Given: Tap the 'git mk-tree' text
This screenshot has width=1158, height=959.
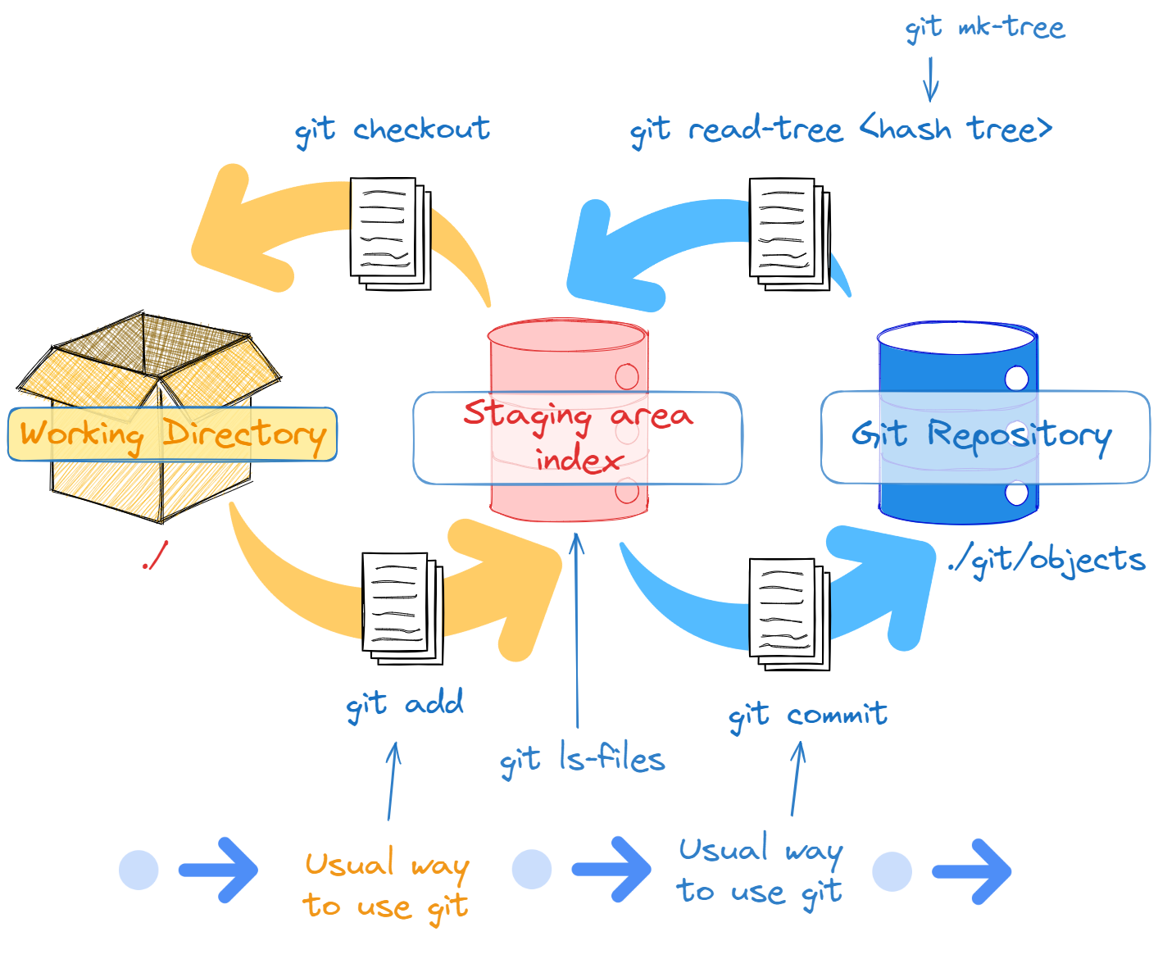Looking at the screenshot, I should coord(984,29).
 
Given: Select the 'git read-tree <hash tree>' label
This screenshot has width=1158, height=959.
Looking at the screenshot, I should coord(840,130).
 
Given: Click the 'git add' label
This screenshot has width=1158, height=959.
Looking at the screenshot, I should coord(404,704).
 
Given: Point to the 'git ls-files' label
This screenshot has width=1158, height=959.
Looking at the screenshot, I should coord(582,760).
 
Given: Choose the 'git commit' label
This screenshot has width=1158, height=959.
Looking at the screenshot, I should coord(807,716).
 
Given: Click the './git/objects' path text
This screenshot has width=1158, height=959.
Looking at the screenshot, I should coord(1046,560).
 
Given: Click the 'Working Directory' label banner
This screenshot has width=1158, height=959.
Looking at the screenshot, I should coord(172,434).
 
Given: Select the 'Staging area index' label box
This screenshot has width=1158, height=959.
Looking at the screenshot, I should coord(577,438).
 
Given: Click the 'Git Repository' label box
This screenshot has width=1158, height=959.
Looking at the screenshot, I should coord(984,436).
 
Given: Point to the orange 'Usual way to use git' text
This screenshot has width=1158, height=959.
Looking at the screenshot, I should coord(386,886).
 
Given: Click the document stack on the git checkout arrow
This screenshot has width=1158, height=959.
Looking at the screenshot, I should coord(390,233).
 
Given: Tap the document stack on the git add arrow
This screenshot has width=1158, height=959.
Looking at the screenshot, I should coord(402,607).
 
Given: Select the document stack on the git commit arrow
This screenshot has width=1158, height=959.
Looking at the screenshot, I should coord(789,614).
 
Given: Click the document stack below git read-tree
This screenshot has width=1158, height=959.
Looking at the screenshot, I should coord(789,233).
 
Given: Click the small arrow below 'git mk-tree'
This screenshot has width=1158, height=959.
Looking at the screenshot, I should coord(930,79).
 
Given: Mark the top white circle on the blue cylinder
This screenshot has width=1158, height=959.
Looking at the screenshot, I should coord(1016,378).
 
